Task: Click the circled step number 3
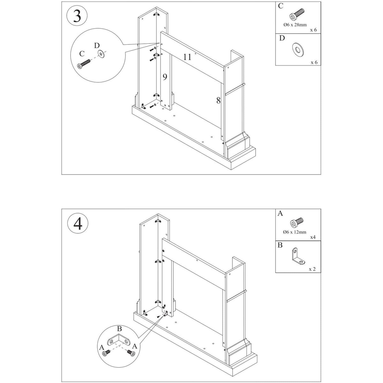pos(77,16)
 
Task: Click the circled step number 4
pos(78,223)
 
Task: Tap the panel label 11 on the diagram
pos(187,57)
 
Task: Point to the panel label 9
pos(165,77)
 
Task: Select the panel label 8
pos(218,101)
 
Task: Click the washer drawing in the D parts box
pos(298,50)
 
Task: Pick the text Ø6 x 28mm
pos(295,25)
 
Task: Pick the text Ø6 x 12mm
pos(294,232)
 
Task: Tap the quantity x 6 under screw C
pos(313,30)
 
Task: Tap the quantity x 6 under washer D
pos(314,62)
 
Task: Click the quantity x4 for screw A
pos(313,237)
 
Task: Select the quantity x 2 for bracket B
pos(312,269)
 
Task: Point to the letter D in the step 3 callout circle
pos(97,45)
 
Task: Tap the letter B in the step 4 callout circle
pos(119,329)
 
